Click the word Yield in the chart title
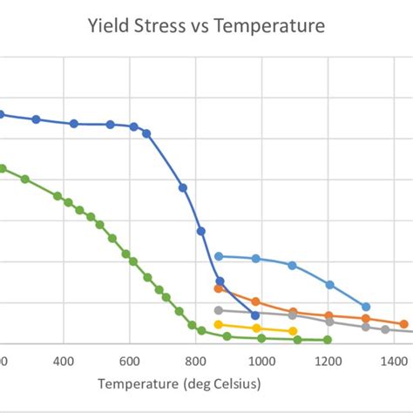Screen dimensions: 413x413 pyautogui.click(x=109, y=27)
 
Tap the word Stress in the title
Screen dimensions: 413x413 pyautogui.click(x=162, y=27)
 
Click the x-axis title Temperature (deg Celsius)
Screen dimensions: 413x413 pyautogui.click(x=179, y=384)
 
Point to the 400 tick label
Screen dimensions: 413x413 pyautogui.click(x=63, y=360)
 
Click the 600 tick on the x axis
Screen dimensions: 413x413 pyautogui.click(x=129, y=360)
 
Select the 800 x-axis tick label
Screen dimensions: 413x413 pyautogui.click(x=195, y=360)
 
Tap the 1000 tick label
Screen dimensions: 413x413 pyautogui.click(x=261, y=360)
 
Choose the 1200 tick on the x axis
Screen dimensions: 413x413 pyautogui.click(x=328, y=360)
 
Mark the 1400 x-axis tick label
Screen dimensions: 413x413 pyautogui.click(x=394, y=360)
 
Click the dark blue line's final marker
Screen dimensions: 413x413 pyautogui.click(x=255, y=315)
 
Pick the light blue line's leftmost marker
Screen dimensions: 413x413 pyautogui.click(x=219, y=256)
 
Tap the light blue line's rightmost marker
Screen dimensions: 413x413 pyautogui.click(x=366, y=307)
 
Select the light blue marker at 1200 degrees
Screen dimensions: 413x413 pyautogui.click(x=329, y=285)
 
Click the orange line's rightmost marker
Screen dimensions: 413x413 pyautogui.click(x=404, y=324)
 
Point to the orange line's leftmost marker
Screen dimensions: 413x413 pyautogui.click(x=219, y=288)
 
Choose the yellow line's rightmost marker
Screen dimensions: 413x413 pyautogui.click(x=293, y=331)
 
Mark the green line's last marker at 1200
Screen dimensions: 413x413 pyautogui.click(x=328, y=340)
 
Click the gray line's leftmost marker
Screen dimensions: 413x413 pyautogui.click(x=219, y=310)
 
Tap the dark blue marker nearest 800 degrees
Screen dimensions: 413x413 pyautogui.click(x=201, y=231)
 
